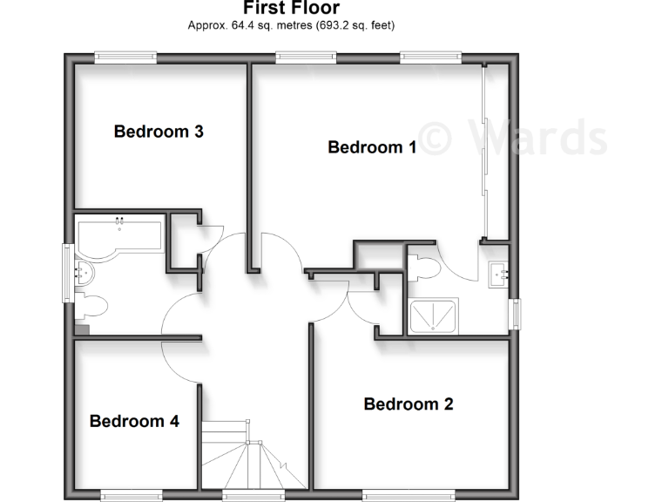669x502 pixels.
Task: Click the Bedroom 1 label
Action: tap(372, 147)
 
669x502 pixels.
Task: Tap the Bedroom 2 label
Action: tap(409, 404)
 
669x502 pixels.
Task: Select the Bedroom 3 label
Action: tap(159, 132)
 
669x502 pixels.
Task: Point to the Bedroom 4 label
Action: tap(134, 422)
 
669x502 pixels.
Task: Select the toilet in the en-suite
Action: tap(424, 267)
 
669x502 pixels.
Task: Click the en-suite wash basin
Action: tap(500, 273)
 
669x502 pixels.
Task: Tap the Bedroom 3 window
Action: tap(125, 58)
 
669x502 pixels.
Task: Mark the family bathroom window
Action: tap(66, 273)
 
